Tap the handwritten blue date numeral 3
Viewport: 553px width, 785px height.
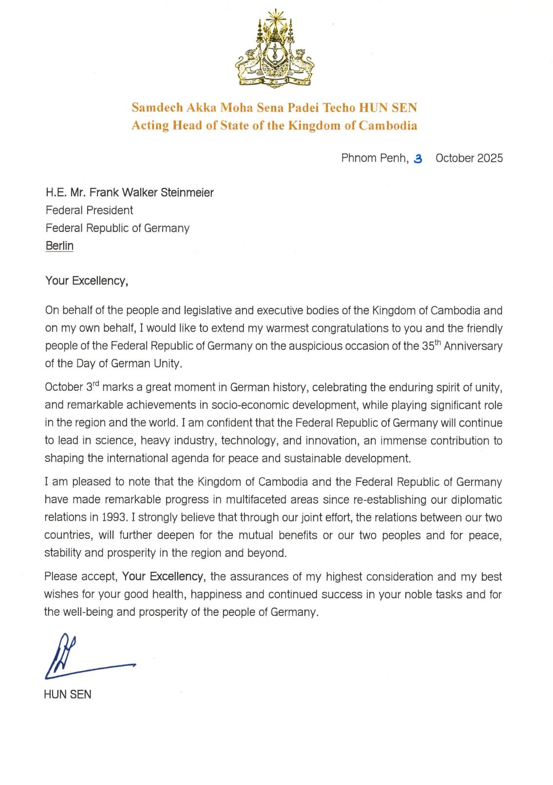(x=418, y=158)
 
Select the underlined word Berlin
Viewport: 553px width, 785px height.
(x=59, y=246)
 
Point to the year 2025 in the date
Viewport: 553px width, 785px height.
(x=490, y=158)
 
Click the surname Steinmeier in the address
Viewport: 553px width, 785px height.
(x=187, y=192)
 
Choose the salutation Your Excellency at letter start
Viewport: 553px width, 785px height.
(x=86, y=281)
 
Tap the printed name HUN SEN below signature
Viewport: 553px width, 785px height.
(x=67, y=694)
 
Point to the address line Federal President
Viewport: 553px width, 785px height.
(x=89, y=210)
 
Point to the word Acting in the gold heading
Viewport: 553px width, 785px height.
(x=150, y=125)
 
